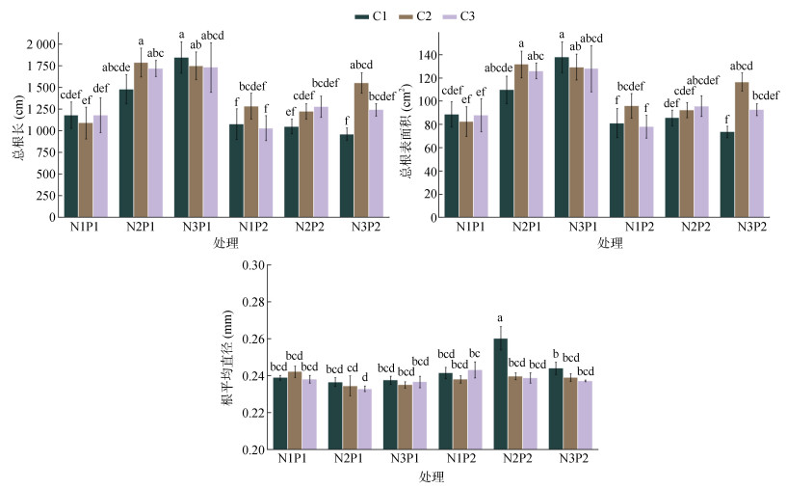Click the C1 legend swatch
362,15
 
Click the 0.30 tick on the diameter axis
251,264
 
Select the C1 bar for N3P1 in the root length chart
181,137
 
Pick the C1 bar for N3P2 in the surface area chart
726,174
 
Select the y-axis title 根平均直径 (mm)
227,359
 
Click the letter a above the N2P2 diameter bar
501,318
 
